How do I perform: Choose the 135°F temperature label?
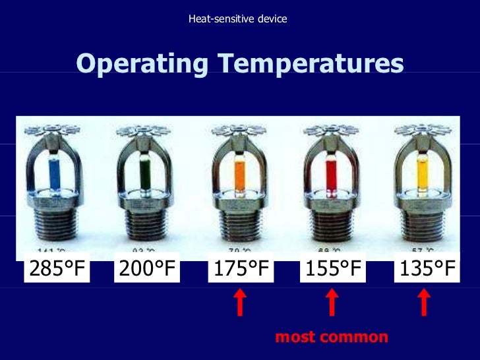[x=425, y=269]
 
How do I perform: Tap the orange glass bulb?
[x=240, y=172]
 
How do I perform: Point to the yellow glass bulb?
[x=424, y=172]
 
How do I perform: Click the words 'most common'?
[x=332, y=337]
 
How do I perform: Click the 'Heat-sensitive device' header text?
[x=238, y=18]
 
